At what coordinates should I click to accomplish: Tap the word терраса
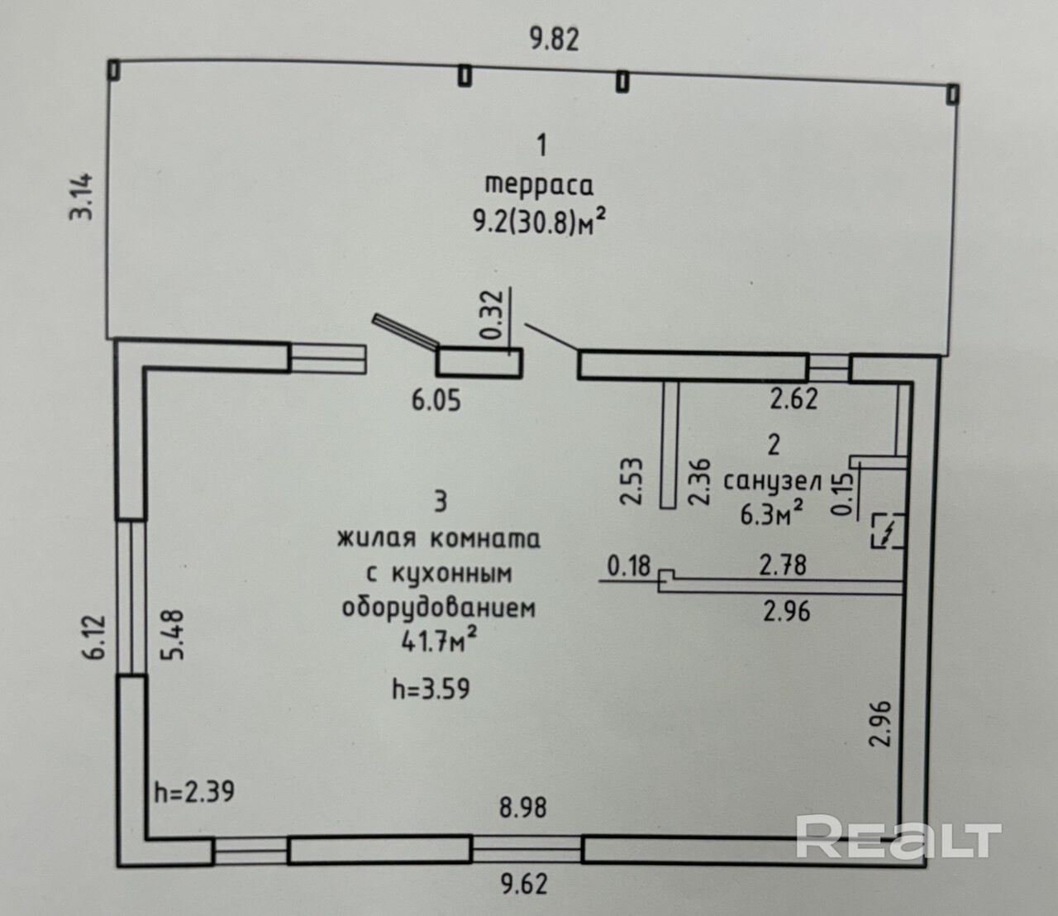(x=540, y=184)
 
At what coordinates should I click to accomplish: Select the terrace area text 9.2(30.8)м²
(x=544, y=222)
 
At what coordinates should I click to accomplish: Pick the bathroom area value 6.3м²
(x=772, y=515)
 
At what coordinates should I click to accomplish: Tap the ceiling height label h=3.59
(x=430, y=687)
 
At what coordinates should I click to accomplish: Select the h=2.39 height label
(x=194, y=792)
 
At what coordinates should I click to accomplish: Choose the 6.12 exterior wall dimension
(x=95, y=635)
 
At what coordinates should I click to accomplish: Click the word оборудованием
(x=438, y=608)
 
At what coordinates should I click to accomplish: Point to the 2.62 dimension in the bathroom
(x=793, y=398)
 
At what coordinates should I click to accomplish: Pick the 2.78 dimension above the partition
(x=783, y=566)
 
